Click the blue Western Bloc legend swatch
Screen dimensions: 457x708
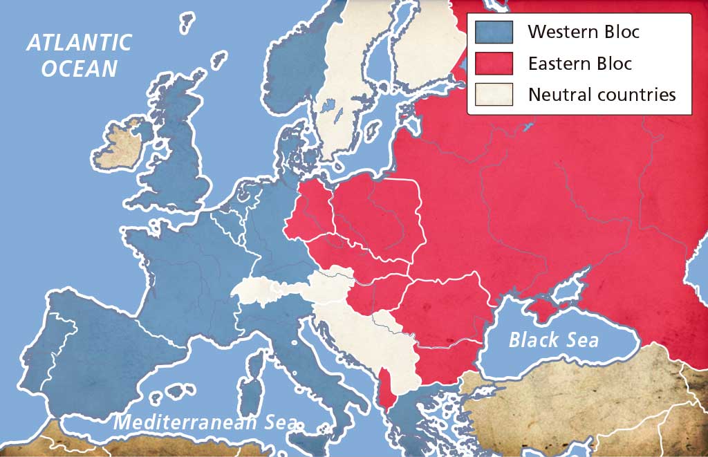pyautogui.click(x=494, y=32)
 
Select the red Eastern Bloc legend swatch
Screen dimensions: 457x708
pyautogui.click(x=494, y=64)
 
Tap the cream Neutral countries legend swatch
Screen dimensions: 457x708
pyautogui.click(x=494, y=95)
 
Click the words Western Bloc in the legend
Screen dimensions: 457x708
pyautogui.click(x=584, y=32)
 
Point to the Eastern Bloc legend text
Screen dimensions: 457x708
pyautogui.click(x=579, y=64)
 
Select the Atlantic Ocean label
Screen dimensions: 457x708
pyautogui.click(x=78, y=55)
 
